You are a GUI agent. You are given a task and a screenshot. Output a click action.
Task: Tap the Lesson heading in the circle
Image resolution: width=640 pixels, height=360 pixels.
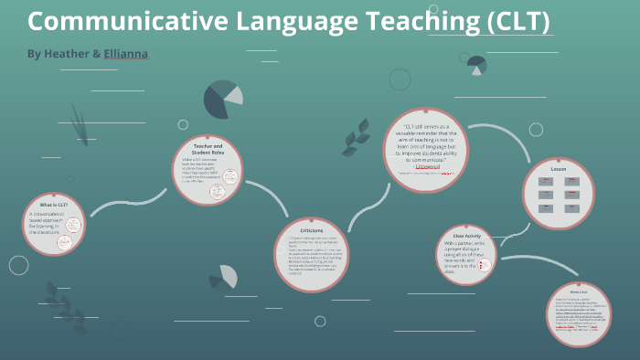point(559,170)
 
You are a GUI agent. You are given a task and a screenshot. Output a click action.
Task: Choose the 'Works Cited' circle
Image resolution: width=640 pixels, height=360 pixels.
point(577,313)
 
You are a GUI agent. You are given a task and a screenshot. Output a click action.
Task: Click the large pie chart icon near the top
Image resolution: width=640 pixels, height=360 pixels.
point(222,100)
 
